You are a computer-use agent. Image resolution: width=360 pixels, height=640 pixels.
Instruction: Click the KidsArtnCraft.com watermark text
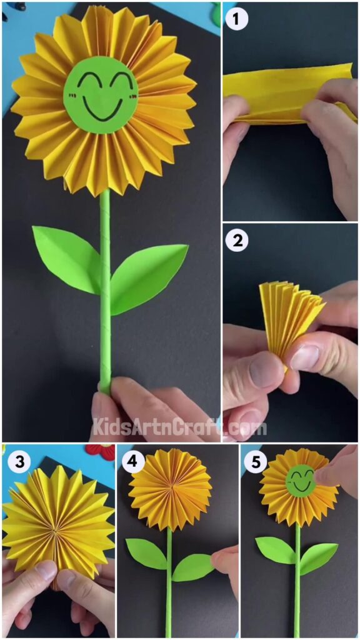point(179,427)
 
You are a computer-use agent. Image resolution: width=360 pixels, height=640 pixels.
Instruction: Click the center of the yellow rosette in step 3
point(55,529)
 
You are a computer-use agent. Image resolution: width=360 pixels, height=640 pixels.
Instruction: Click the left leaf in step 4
point(146,553)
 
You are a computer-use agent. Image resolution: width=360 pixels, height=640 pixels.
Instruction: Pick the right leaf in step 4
point(192,567)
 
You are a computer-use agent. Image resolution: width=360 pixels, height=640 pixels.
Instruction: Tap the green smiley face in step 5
point(302,481)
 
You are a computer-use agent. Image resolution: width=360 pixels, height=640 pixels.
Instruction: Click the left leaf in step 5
point(275,549)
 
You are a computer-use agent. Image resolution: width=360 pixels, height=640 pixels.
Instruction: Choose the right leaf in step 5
point(318,557)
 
